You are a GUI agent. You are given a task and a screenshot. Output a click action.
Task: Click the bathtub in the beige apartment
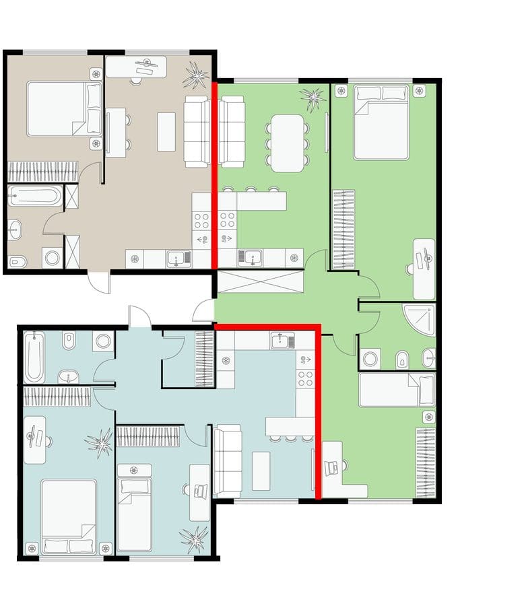(x=34, y=197)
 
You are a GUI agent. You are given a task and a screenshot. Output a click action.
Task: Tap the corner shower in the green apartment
(x=419, y=320)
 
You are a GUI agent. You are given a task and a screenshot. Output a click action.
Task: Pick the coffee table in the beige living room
(x=166, y=131)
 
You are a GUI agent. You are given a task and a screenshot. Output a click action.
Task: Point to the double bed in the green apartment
(x=381, y=122)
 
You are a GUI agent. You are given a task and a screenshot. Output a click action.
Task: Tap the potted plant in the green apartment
(x=313, y=98)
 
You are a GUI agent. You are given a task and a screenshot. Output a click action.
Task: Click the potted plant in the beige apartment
(x=196, y=74)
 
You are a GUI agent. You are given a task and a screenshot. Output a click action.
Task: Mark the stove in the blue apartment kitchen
(x=305, y=378)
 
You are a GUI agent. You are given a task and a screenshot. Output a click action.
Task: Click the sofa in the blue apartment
(x=228, y=461)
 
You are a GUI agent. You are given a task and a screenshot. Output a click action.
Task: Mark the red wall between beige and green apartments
(x=215, y=175)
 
